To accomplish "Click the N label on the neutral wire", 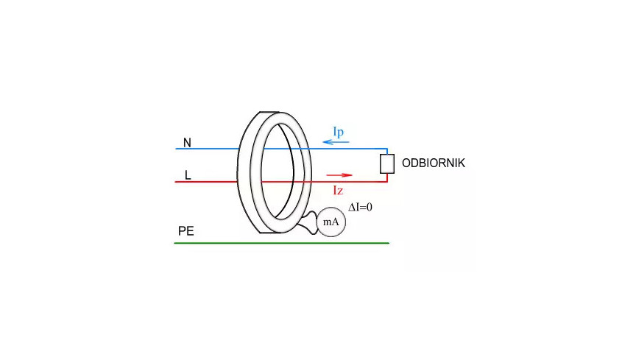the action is (187, 143).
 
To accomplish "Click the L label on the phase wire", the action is (188, 175).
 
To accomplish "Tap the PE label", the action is (186, 231).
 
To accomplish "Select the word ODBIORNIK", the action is (433, 163).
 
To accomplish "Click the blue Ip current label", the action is (339, 132).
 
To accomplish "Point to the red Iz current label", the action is (338, 191).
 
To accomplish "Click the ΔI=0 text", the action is (360, 207).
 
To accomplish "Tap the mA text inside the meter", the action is (331, 222).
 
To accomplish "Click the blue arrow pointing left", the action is (336, 141).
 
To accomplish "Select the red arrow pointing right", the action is (339, 175).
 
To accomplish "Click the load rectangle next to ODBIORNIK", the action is (387, 164).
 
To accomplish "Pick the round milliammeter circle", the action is (331, 222).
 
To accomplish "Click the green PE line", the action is (282, 243).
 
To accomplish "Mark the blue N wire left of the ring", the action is (207, 149).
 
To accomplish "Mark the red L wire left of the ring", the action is (206, 182).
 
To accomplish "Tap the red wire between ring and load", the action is (349, 182).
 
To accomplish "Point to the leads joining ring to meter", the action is (308, 223).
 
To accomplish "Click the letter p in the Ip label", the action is (341, 133).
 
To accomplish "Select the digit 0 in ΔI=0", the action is (370, 207).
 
